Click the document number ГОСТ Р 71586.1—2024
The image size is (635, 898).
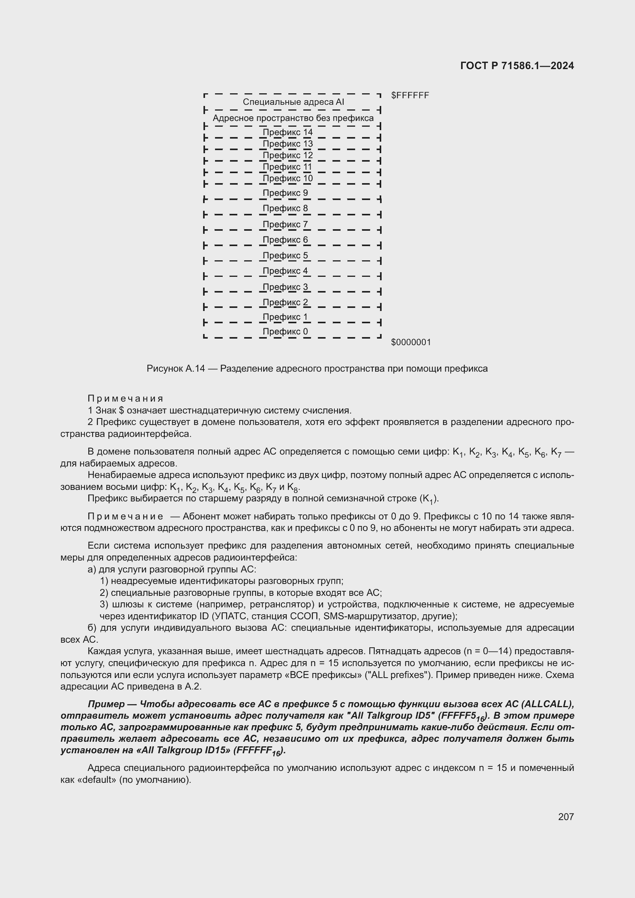tap(517, 66)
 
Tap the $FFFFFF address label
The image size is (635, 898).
tap(410, 96)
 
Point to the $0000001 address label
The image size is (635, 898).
tap(410, 342)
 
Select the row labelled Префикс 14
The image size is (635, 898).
tap(288, 132)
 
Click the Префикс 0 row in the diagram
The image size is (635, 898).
tap(285, 332)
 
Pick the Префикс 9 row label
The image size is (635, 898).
tap(285, 193)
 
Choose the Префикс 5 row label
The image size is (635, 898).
tap(285, 255)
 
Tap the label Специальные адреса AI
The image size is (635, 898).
tap(293, 102)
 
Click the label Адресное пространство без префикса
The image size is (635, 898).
tap(293, 118)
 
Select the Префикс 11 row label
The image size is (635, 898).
tap(288, 167)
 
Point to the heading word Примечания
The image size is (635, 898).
tap(125, 399)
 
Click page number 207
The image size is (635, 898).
tap(566, 817)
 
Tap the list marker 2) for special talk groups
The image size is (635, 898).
tap(104, 593)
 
